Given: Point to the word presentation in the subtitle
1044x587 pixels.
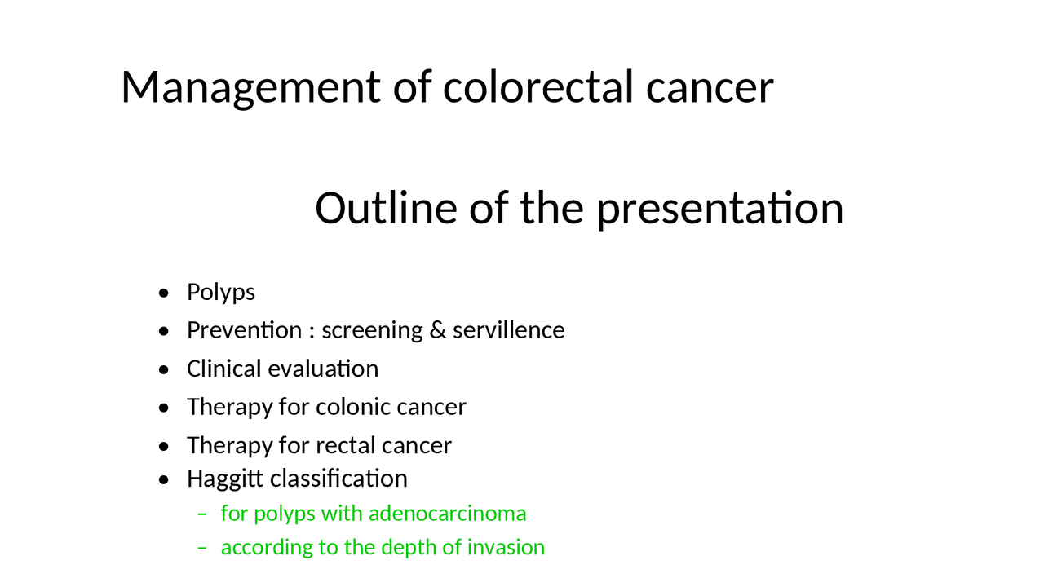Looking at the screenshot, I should tap(719, 209).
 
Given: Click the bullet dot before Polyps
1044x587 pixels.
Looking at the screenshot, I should tap(166, 293).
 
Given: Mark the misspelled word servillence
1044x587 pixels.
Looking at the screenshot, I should tap(508, 330).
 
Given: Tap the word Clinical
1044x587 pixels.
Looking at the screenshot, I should tap(216, 369).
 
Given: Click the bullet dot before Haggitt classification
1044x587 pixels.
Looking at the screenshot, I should tap(166, 479).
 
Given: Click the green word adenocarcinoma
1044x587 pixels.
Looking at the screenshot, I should tap(447, 514).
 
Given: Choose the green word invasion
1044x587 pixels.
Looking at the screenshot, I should tap(506, 547).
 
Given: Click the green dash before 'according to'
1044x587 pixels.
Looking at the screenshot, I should tap(203, 548).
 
